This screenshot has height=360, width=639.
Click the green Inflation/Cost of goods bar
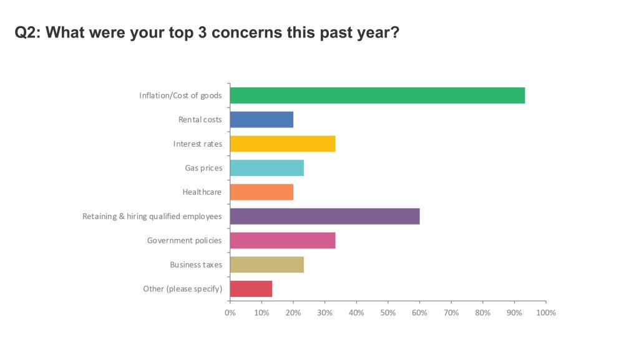(x=377, y=95)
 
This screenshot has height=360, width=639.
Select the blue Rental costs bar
(x=261, y=120)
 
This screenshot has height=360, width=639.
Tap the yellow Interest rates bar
(x=283, y=144)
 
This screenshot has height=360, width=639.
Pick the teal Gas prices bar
(x=266, y=168)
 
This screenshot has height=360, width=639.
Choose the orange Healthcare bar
(x=261, y=192)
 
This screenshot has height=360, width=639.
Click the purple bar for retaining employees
(x=324, y=216)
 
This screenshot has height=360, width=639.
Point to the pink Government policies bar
(x=283, y=240)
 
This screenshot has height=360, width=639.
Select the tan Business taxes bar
(x=266, y=265)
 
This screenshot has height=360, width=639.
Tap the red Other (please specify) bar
(x=251, y=289)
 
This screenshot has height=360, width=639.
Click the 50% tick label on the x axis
(x=388, y=313)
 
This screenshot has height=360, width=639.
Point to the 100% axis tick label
(x=546, y=313)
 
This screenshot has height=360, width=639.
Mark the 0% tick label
(x=230, y=313)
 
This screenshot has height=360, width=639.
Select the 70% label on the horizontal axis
(x=451, y=313)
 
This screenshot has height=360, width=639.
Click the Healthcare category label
(x=202, y=192)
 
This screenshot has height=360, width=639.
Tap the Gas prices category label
(x=203, y=168)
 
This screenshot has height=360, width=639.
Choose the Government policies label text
(x=184, y=241)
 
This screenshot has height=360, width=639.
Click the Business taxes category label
(x=196, y=265)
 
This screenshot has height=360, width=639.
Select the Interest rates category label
(x=197, y=144)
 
